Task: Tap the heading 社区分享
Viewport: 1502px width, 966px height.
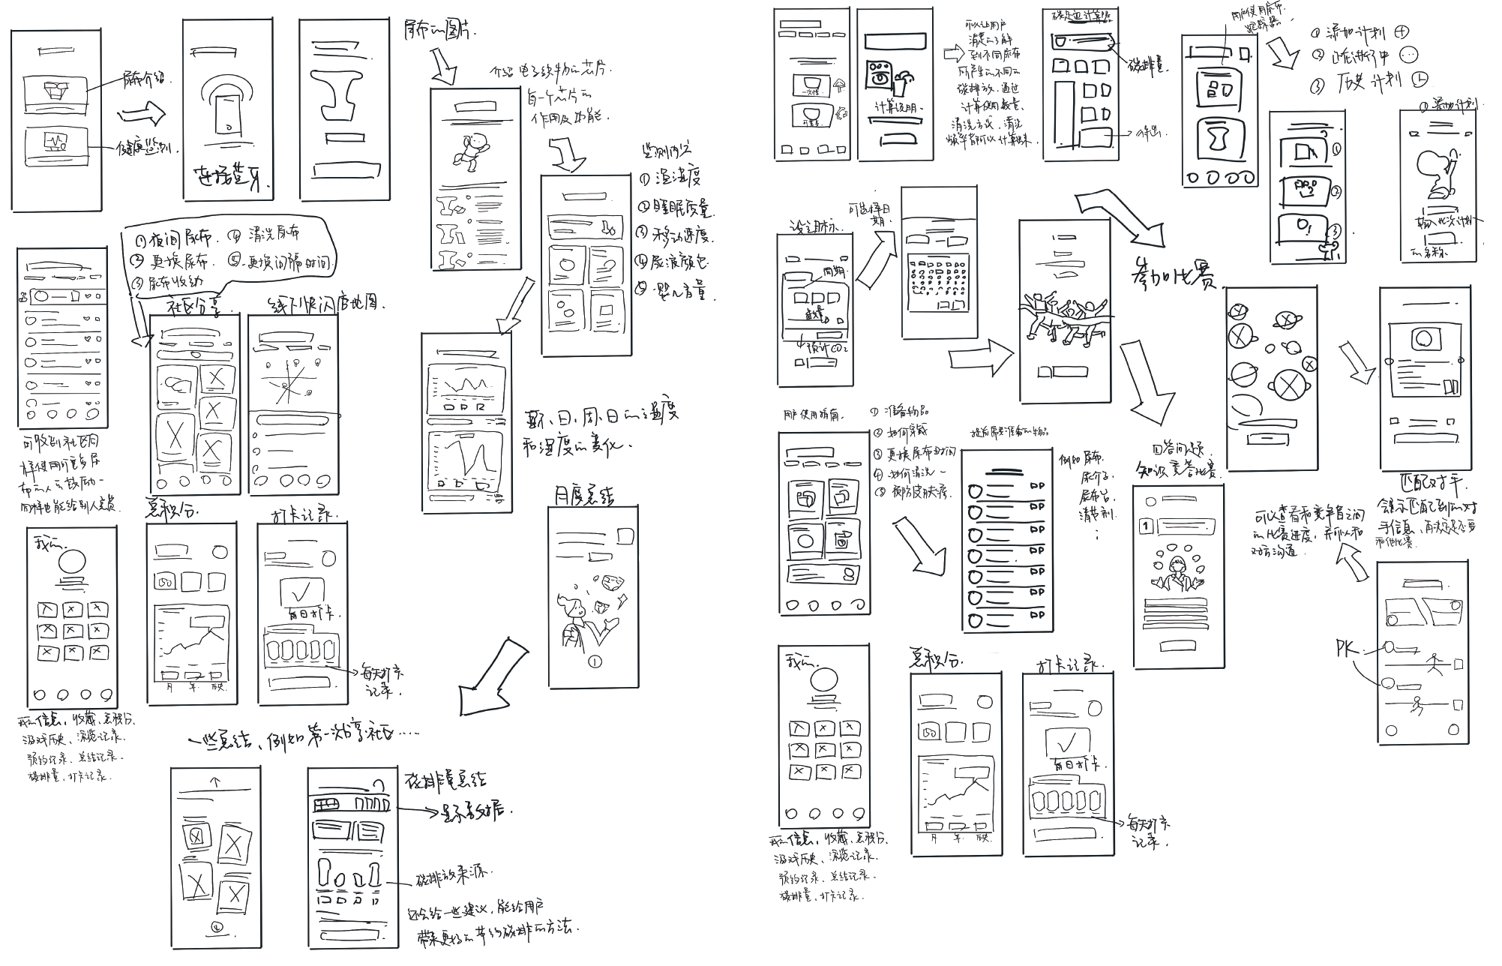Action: pos(194,307)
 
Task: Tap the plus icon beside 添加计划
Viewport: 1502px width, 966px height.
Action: pos(1401,31)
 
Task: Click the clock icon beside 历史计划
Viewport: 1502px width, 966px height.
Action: pos(1421,79)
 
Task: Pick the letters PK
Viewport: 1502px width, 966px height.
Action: pos(1348,649)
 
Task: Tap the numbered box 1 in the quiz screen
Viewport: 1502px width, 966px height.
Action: pos(1145,526)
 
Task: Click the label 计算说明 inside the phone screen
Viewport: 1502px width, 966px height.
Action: pos(895,108)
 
